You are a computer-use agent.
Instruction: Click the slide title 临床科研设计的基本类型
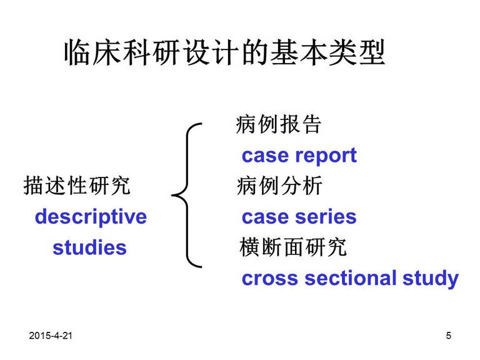[224, 52]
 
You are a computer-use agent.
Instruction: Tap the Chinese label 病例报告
[278, 124]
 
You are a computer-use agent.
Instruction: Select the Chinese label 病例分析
[279, 186]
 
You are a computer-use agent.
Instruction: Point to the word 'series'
[326, 217]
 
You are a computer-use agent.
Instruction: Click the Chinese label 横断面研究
[293, 247]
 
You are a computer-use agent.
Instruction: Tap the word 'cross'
[270, 279]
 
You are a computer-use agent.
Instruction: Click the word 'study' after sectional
[431, 279]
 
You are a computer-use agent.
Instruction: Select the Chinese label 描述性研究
[77, 186]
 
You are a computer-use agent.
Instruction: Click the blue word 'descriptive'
[91, 217]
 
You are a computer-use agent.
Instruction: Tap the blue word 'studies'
[90, 247]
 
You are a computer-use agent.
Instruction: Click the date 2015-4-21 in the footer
[51, 336]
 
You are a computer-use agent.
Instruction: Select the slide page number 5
[449, 336]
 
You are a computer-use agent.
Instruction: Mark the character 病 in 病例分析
[247, 186]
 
